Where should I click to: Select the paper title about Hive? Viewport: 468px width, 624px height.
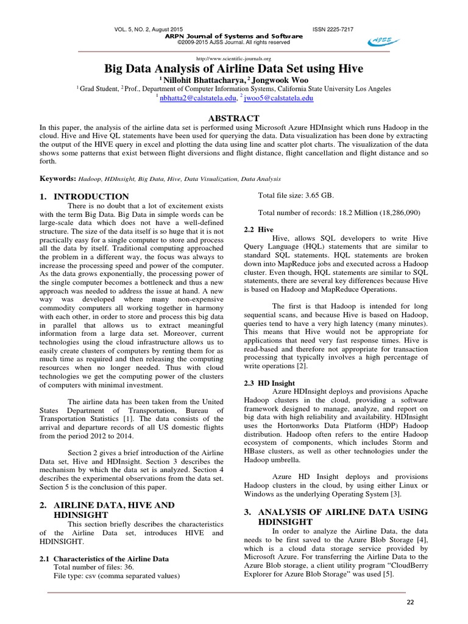coord(233,67)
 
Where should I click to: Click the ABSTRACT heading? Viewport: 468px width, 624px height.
coord(234,118)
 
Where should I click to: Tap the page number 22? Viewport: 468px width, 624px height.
coord(409,602)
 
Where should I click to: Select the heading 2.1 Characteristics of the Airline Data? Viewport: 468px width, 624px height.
coord(104,558)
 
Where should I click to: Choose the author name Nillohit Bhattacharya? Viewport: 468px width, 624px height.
coord(198,79)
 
